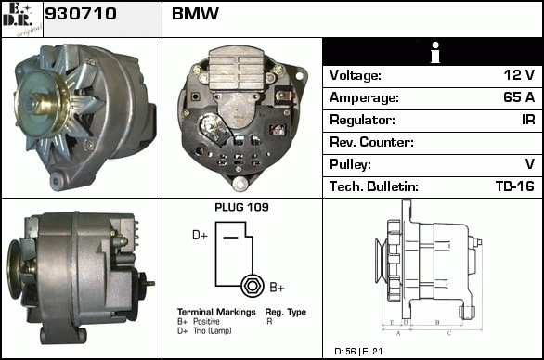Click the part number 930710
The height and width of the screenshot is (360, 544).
81,14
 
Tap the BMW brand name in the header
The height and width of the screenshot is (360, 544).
195,14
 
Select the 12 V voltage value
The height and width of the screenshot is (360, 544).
519,75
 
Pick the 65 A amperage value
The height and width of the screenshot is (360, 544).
519,97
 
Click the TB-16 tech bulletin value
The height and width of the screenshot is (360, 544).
515,186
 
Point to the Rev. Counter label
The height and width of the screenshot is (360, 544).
371,142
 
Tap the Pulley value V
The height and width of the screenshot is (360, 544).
530,164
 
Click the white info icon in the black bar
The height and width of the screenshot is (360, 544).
435,53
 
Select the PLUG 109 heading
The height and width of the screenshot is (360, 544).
241,207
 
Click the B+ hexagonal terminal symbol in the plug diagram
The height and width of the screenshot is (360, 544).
253,286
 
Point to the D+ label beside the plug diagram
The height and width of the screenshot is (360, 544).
200,235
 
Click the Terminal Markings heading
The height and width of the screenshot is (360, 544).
216,312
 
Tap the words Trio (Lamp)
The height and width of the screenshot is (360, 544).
213,331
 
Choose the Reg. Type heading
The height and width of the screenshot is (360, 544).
286,312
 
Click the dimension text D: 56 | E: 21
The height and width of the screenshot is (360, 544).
358,352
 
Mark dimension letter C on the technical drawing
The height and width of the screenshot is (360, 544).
449,333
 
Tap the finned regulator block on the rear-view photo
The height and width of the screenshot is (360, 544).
240,69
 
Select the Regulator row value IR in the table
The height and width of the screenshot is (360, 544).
528,120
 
